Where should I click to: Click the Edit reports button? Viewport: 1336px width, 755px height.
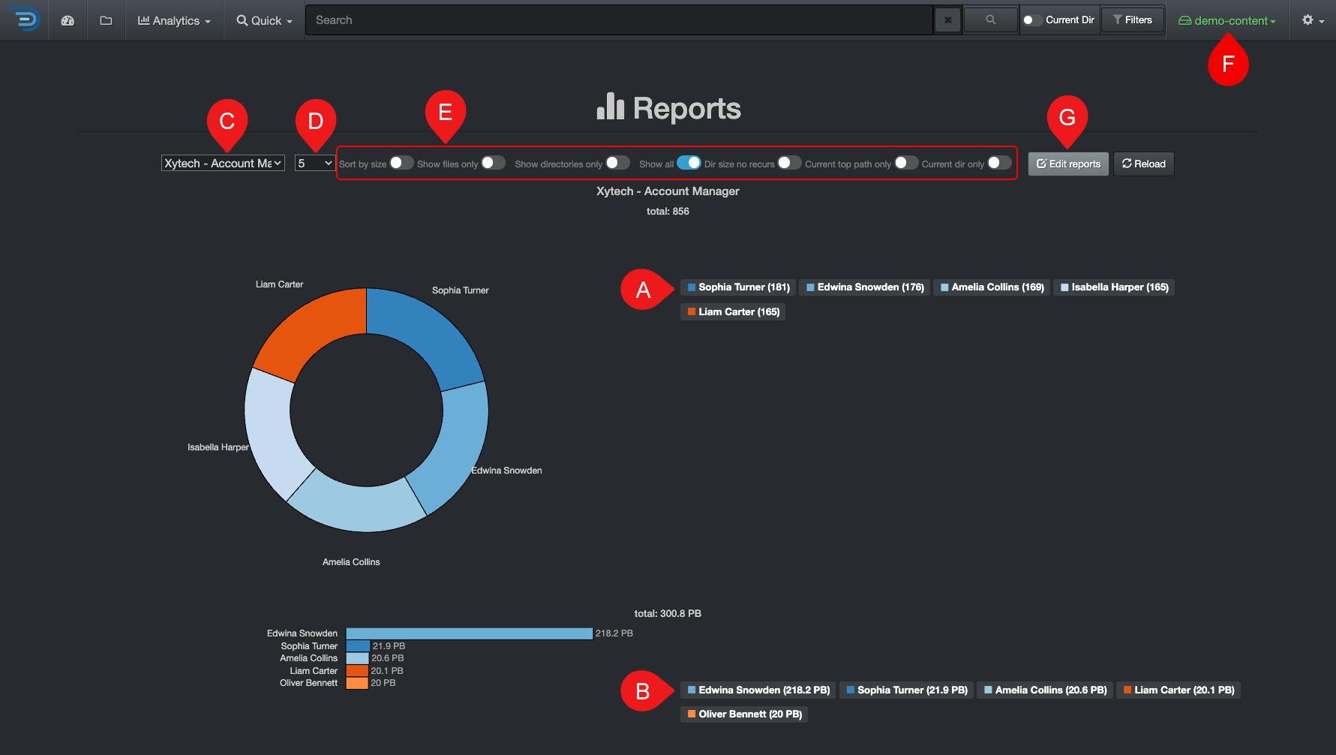pyautogui.click(x=1068, y=164)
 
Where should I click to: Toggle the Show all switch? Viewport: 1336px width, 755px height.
pyautogui.click(x=688, y=163)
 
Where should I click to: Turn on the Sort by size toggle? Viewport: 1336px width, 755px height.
pyautogui.click(x=401, y=163)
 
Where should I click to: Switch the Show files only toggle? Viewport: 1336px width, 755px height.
pyautogui.click(x=493, y=163)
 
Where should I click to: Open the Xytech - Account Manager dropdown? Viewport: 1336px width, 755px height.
pyautogui.click(x=223, y=163)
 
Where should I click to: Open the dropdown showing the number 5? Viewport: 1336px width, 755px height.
pyautogui.click(x=314, y=163)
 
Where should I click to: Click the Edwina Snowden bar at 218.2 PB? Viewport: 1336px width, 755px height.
pyautogui.click(x=469, y=633)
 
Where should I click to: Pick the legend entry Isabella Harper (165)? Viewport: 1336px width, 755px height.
pyautogui.click(x=1114, y=287)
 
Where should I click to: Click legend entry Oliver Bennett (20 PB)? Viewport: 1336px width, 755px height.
pyautogui.click(x=744, y=714)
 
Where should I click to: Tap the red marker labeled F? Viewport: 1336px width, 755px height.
pyautogui.click(x=1228, y=64)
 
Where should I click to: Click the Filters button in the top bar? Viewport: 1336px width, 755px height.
pyautogui.click(x=1132, y=20)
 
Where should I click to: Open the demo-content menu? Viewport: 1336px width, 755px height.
pyautogui.click(x=1227, y=21)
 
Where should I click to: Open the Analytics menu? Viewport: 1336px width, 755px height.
pyautogui.click(x=174, y=21)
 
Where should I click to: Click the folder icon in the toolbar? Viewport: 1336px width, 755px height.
pyautogui.click(x=106, y=20)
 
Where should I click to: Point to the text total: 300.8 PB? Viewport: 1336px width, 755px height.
pyautogui.click(x=668, y=614)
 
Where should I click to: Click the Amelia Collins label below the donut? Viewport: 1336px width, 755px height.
pyautogui.click(x=351, y=562)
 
